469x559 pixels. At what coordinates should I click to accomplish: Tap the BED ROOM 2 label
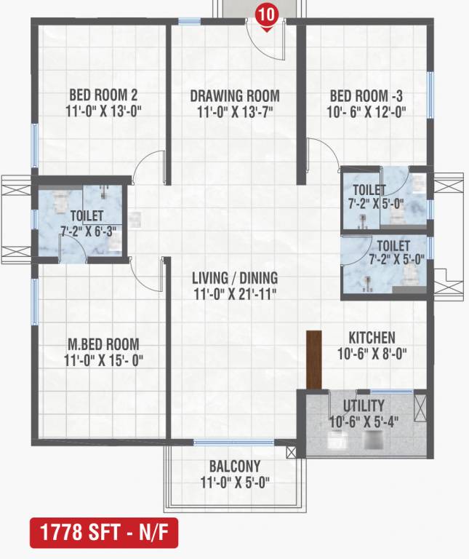click(103, 95)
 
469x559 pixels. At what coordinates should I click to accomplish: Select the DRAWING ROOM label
click(235, 96)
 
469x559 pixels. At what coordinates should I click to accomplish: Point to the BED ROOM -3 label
click(366, 96)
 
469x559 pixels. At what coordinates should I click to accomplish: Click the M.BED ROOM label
click(103, 344)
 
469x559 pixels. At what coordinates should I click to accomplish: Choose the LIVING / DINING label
click(235, 278)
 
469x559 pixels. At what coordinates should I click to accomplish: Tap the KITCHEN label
click(372, 338)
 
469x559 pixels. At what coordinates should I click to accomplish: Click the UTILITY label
click(364, 405)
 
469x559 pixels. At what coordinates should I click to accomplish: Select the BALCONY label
click(235, 467)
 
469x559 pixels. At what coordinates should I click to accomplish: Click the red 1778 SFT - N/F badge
click(104, 533)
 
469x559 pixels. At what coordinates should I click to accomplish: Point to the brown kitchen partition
click(314, 360)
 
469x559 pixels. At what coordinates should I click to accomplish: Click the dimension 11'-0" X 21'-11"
click(235, 295)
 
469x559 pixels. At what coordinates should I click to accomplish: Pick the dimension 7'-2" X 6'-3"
click(88, 231)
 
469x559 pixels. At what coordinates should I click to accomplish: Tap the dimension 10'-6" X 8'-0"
click(372, 354)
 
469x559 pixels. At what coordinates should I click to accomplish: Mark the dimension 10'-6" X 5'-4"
click(364, 422)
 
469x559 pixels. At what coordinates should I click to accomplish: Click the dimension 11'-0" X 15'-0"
click(103, 360)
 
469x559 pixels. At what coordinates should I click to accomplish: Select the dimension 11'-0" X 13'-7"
click(235, 112)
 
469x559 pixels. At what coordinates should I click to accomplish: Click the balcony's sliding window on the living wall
click(233, 443)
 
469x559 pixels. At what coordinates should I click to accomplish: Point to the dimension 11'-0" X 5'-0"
click(235, 483)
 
